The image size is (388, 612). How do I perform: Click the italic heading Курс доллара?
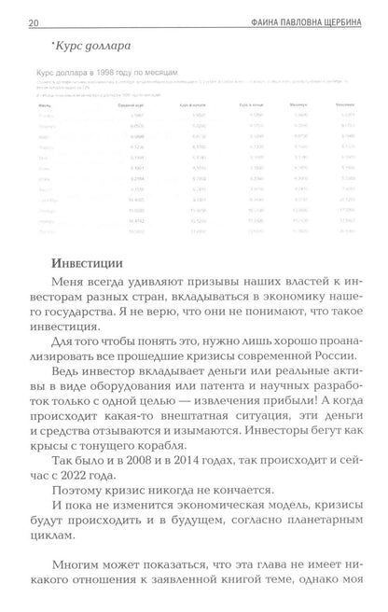tap(80, 45)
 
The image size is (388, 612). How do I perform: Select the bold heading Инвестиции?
tap(85, 250)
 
